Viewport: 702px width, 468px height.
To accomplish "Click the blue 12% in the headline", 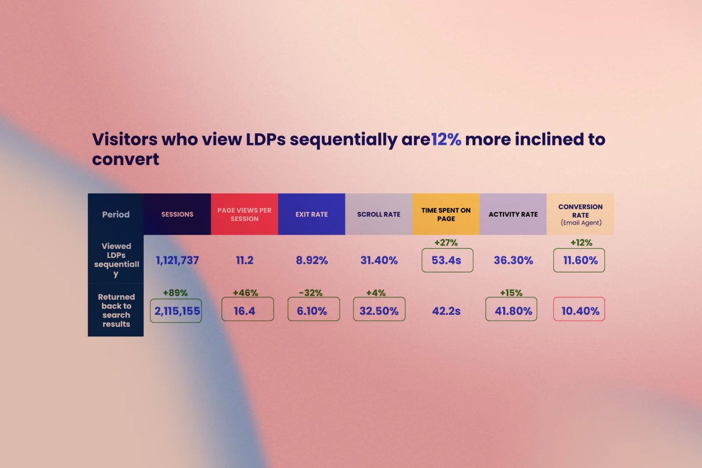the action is pos(446,139).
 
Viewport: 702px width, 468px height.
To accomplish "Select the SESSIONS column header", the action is pos(177,214).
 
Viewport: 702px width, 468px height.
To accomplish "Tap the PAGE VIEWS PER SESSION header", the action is pos(244,214).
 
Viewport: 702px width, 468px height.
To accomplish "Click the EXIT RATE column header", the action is pos(312,214).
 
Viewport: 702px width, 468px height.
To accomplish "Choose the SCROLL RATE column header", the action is pos(379,214).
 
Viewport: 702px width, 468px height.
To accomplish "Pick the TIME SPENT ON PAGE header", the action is pos(446,214).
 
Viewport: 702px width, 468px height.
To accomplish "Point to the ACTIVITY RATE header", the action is pos(513,214).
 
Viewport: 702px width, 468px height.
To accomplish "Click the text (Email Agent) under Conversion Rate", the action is pos(581,223).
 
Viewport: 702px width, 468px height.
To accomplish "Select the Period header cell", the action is pos(116,214).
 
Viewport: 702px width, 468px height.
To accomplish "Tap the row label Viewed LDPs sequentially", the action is pos(116,260).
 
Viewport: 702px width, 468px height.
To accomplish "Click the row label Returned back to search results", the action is pos(116,310).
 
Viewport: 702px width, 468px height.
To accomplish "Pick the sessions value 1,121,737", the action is pos(177,260).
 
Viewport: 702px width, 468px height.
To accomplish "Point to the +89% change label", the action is pos(175,293).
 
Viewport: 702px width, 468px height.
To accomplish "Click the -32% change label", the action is pos(311,293).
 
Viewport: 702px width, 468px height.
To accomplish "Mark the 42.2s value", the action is pos(446,311).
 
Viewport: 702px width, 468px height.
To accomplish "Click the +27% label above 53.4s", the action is pos(446,243).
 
